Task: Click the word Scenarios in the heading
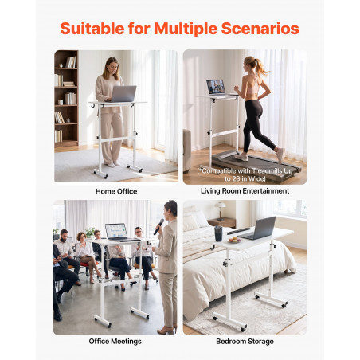coord(260,29)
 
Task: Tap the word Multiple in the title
coord(186,29)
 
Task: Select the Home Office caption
coord(116,191)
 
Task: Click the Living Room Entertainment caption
coord(245,191)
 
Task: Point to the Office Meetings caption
coord(115,342)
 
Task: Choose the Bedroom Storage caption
coord(245,342)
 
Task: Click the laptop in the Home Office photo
coord(123,94)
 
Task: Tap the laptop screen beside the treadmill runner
coord(216,87)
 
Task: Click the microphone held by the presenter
coord(158,226)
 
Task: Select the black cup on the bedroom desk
coord(218,233)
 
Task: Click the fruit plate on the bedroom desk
coord(234,241)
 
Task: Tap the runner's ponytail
coord(260,66)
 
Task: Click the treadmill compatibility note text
coord(245,174)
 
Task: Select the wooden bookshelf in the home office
coord(66,98)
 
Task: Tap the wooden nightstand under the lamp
coord(221,223)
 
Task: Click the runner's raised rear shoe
coord(280,155)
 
